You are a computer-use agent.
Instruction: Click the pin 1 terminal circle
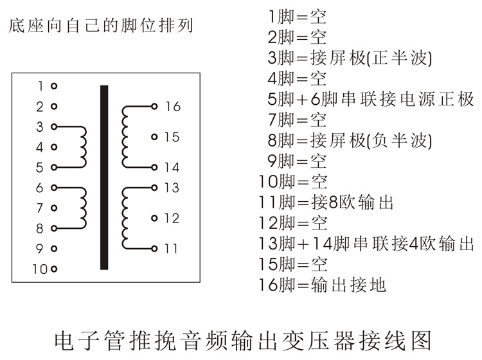[x=54, y=85]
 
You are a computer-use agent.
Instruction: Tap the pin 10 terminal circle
[x=54, y=269]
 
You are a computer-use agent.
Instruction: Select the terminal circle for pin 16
[x=154, y=107]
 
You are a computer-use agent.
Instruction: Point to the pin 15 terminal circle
[x=154, y=137]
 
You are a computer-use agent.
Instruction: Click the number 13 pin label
[x=172, y=188]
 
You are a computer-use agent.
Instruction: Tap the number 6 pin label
[x=40, y=188]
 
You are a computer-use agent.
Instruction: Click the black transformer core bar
[x=104, y=177]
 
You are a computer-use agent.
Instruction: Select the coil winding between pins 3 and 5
[x=82, y=147]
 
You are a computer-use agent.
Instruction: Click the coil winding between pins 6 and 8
[x=82, y=208]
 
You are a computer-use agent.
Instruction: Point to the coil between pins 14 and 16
[x=125, y=137]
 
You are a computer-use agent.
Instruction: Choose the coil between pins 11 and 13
[x=125, y=218]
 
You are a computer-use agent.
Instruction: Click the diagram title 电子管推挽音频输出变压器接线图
[x=240, y=339]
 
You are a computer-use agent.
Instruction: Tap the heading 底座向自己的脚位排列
[x=101, y=26]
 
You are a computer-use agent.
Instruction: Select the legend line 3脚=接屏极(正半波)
[x=349, y=58]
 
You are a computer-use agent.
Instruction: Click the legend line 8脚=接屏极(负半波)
[x=349, y=140]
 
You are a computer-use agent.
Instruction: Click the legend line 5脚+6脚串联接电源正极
[x=370, y=99]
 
